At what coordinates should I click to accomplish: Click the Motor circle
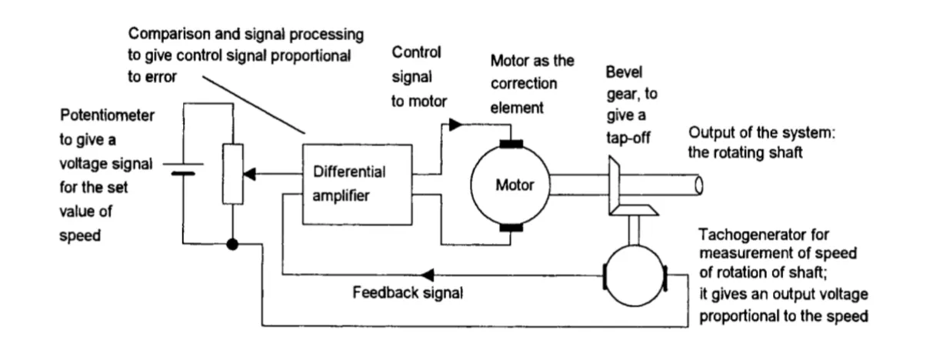pos(509,185)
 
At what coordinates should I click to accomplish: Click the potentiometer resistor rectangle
pos(232,174)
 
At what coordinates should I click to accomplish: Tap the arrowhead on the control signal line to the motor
pos(455,123)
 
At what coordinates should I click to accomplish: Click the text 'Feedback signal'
pos(407,293)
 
